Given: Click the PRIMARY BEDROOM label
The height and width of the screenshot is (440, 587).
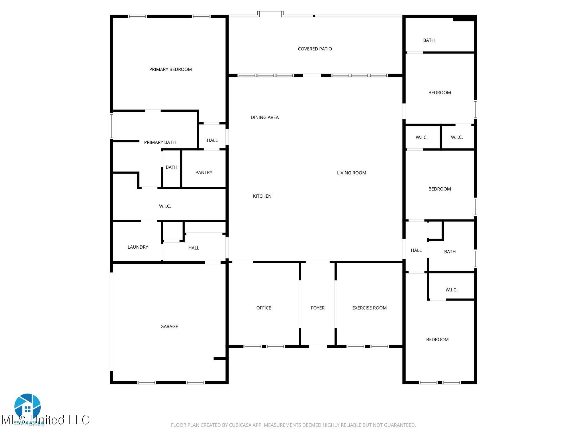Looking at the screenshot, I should pyautogui.click(x=170, y=69).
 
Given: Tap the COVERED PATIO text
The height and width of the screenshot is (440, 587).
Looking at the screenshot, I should pyautogui.click(x=315, y=49).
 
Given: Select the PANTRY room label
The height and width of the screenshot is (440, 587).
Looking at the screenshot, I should pyautogui.click(x=204, y=172).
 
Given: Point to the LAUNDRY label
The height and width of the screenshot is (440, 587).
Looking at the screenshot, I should pyautogui.click(x=138, y=247).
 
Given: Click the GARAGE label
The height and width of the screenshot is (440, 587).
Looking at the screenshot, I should pyautogui.click(x=169, y=326).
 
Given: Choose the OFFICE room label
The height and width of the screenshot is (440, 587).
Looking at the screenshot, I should pyautogui.click(x=263, y=308).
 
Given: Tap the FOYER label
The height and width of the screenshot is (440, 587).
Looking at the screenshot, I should pyautogui.click(x=318, y=308).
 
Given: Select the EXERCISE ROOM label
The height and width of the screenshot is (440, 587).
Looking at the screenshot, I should pyautogui.click(x=369, y=308).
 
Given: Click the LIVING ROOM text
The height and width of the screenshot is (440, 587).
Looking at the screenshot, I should pyautogui.click(x=351, y=173).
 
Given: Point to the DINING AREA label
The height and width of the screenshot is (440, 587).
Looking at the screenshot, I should pyautogui.click(x=265, y=117).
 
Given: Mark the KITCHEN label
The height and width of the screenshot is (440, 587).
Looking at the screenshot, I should pyautogui.click(x=262, y=196).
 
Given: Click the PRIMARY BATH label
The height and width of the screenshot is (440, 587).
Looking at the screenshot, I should pyautogui.click(x=160, y=142).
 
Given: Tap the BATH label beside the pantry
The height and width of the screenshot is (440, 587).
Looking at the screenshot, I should pyautogui.click(x=171, y=167).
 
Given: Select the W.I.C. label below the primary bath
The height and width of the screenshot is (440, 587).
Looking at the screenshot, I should pyautogui.click(x=165, y=206).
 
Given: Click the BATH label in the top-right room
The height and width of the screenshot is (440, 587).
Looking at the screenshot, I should pyautogui.click(x=429, y=40).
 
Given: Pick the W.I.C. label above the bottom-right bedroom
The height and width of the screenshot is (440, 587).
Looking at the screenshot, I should pyautogui.click(x=451, y=290).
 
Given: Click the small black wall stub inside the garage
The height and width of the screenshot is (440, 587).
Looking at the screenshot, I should pyautogui.click(x=220, y=358).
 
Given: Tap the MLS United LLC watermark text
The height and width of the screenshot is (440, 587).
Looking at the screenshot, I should pyautogui.click(x=46, y=420).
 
